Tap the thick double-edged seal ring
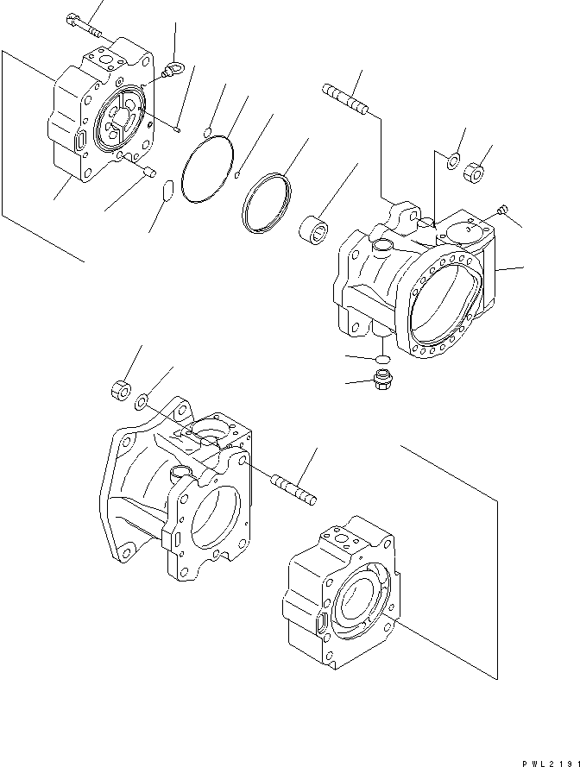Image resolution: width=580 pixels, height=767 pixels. (267, 204)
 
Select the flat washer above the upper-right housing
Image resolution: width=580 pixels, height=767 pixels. (452, 160)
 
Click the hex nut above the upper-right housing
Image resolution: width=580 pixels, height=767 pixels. (475, 173)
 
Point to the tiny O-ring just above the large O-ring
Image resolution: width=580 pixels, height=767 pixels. (207, 131)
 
